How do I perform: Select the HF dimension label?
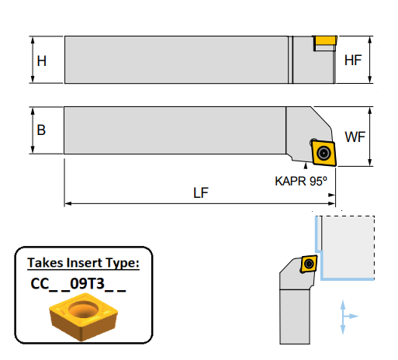pyautogui.click(x=354, y=60)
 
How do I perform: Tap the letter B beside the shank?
pyautogui.click(x=41, y=130)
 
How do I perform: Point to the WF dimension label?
pyautogui.click(x=355, y=137)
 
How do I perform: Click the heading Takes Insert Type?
pyautogui.click(x=83, y=263)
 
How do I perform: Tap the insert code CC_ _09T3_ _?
pyautogui.click(x=78, y=284)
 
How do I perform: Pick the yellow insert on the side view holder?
pyautogui.click(x=325, y=40)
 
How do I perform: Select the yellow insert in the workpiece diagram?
pyautogui.click(x=309, y=264)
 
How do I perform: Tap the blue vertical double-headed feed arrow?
pyautogui.click(x=343, y=317)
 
